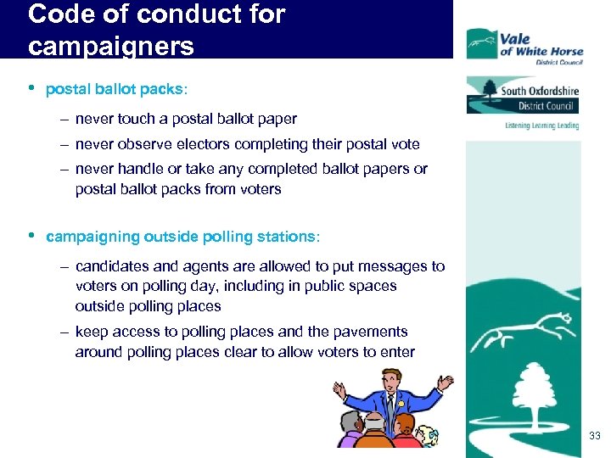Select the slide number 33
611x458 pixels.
pyautogui.click(x=594, y=436)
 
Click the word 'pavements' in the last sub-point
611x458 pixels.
pyautogui.click(x=370, y=332)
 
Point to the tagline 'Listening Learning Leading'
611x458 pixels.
pyautogui.click(x=541, y=126)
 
